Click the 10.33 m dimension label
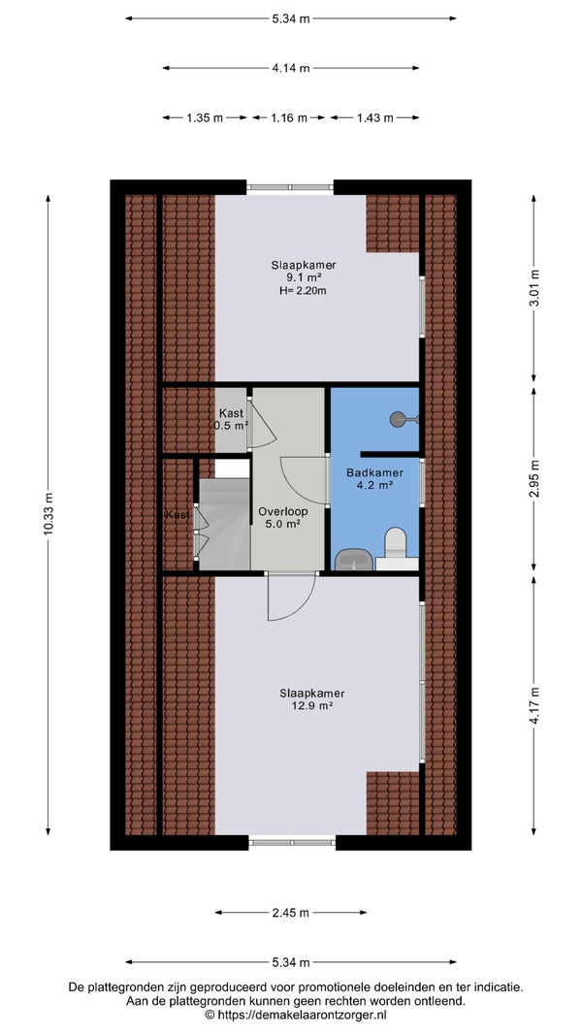pyautogui.click(x=48, y=515)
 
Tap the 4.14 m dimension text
pyautogui.click(x=291, y=68)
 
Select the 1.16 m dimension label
pyautogui.click(x=288, y=118)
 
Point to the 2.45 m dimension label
pyautogui.click(x=291, y=913)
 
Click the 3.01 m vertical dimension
pyautogui.click(x=533, y=288)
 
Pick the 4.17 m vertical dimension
pyautogui.click(x=533, y=705)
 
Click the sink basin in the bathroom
pyautogui.click(x=354, y=560)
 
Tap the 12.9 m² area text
pyautogui.click(x=312, y=705)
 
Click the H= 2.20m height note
pyautogui.click(x=304, y=289)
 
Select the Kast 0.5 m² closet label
pyautogui.click(x=231, y=419)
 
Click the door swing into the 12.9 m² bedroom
pyautogui.click(x=292, y=598)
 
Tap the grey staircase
pyautogui.click(x=224, y=524)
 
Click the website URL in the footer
pyautogui.click(x=296, y=1015)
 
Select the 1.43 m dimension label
pyautogui.click(x=374, y=118)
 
